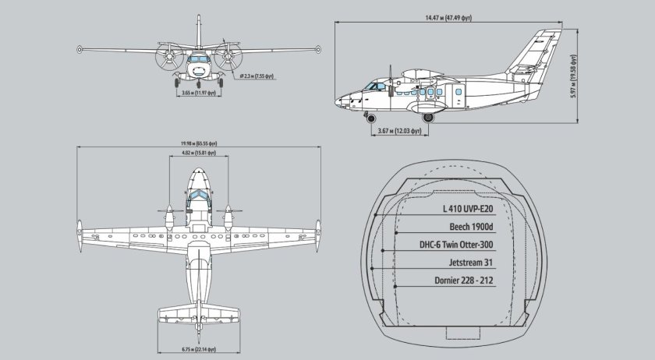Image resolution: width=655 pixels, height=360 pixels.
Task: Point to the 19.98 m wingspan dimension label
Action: pyautogui.click(x=198, y=144)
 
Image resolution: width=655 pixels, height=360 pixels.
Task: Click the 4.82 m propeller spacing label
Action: pyautogui.click(x=198, y=154)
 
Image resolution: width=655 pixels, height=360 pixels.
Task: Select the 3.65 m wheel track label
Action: pyautogui.click(x=197, y=94)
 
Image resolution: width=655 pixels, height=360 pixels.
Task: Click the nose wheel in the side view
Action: pyautogui.click(x=368, y=118)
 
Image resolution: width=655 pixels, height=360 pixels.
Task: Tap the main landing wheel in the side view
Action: pyautogui.click(x=427, y=118)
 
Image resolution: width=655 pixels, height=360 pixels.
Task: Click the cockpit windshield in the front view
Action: pyautogui.click(x=198, y=58)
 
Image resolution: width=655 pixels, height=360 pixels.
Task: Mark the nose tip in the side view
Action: pyautogui.click(x=337, y=101)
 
